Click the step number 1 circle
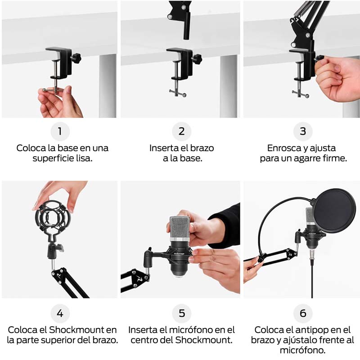click(x=60, y=131)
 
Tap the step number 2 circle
click(x=182, y=131)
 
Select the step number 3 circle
click(x=303, y=131)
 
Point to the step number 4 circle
click(x=60, y=313)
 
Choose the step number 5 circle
click(x=182, y=313)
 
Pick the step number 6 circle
click(x=303, y=313)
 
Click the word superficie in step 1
click(x=50, y=159)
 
